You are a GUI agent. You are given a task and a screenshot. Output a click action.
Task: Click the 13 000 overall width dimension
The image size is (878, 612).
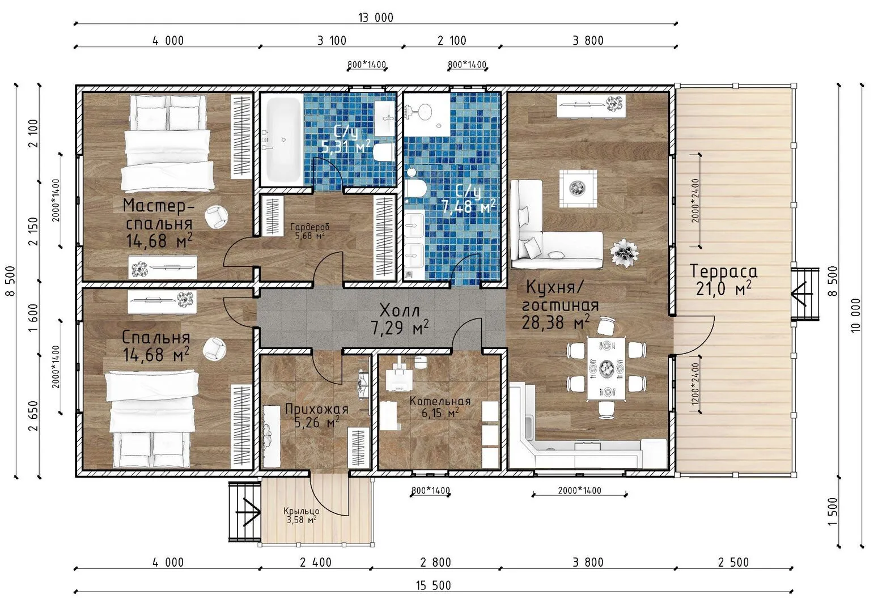click(x=375, y=18)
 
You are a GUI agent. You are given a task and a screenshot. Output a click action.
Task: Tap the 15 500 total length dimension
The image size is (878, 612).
click(x=434, y=586)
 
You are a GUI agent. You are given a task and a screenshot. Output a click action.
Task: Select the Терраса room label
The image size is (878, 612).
click(x=723, y=271)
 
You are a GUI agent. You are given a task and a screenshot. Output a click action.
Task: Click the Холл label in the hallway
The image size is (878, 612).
click(x=400, y=311)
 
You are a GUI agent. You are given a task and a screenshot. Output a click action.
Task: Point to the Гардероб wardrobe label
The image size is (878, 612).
click(x=309, y=227)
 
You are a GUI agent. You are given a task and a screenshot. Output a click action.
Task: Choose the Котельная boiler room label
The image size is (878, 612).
click(x=440, y=401)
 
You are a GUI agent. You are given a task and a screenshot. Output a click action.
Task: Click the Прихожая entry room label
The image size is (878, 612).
click(x=317, y=409)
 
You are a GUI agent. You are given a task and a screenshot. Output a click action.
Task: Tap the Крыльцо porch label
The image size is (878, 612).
click(x=302, y=511)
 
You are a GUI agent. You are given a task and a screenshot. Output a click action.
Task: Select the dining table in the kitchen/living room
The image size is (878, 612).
click(x=606, y=369)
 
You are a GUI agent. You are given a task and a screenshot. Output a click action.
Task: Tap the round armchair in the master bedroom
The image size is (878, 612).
click(x=216, y=216)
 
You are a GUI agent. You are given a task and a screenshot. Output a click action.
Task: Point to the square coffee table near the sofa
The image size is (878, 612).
click(x=578, y=189)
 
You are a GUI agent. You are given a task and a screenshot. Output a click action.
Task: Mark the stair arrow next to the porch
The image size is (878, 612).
click(x=248, y=512)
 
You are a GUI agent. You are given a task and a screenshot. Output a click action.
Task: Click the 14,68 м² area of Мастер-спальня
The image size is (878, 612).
click(x=159, y=241)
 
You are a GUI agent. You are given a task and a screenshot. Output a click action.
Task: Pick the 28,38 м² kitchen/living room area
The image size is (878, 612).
click(x=555, y=322)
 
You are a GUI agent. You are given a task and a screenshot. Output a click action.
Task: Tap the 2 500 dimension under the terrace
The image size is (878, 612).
click(x=733, y=562)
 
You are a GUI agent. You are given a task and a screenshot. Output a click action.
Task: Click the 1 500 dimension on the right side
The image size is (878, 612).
click(x=833, y=511)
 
